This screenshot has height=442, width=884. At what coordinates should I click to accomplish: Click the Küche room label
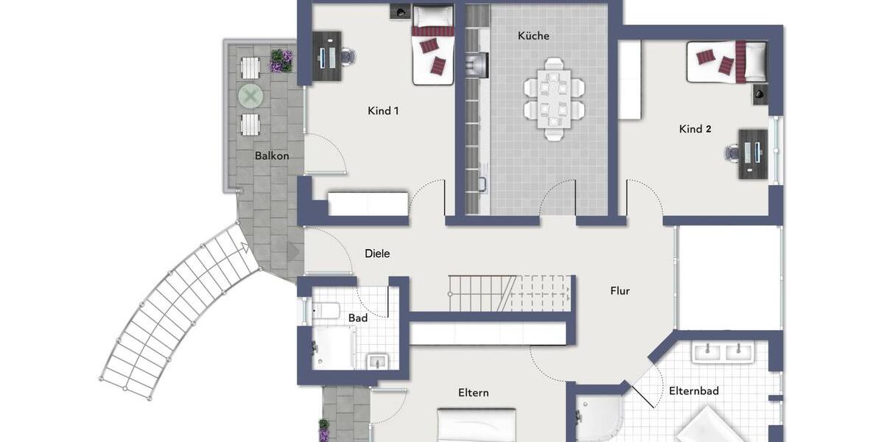click(533, 35)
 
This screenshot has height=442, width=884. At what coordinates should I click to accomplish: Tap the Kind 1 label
click(383, 111)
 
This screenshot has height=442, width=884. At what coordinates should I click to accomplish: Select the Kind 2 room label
click(695, 129)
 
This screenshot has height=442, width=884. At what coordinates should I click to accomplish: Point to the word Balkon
click(272, 155)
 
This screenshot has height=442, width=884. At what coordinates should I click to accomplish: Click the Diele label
click(377, 253)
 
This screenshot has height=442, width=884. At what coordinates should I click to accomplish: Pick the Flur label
click(620, 291)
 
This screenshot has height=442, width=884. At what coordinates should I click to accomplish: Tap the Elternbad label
click(693, 391)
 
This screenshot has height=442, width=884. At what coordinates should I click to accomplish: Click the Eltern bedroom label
click(473, 393)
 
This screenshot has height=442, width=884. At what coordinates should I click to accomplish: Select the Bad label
click(358, 318)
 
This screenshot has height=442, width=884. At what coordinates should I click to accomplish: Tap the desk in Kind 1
click(326, 55)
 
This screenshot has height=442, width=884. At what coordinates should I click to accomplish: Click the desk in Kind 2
click(753, 155)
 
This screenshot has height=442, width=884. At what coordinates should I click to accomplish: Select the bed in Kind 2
click(726, 61)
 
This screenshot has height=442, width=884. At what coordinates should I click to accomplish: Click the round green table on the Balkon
click(250, 96)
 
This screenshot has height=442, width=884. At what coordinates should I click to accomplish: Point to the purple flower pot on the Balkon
click(281, 60)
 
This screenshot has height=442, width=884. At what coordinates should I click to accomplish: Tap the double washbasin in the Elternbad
click(723, 352)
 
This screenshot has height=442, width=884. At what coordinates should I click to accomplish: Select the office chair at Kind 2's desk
click(732, 152)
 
